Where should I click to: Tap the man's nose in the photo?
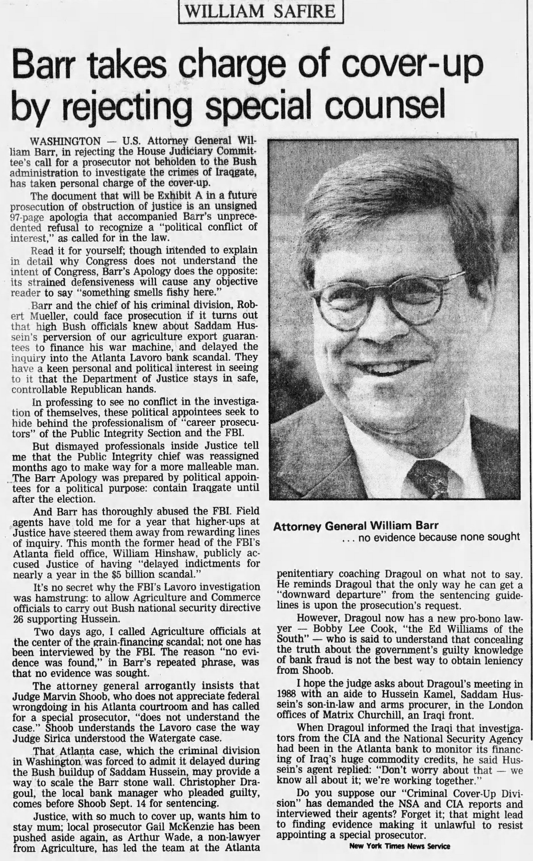381,327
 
